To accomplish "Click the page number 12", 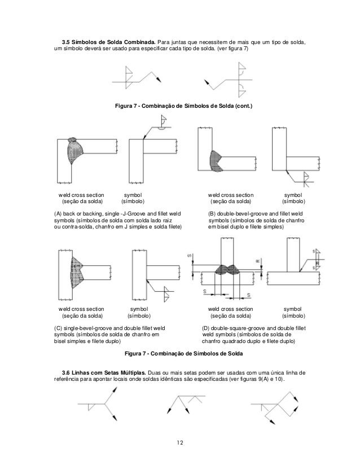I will pos(179,441).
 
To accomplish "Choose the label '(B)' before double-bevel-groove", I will pos(212,214).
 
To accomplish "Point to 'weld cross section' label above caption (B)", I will pos(231,194).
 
